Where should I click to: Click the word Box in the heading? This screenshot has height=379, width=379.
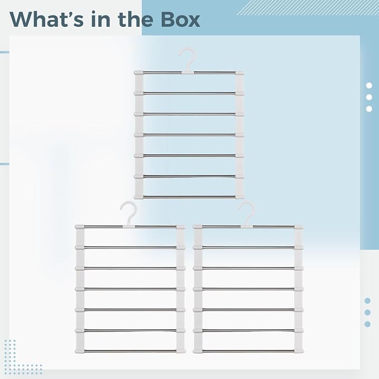(x=180, y=19)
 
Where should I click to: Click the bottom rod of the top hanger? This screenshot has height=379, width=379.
(x=189, y=197)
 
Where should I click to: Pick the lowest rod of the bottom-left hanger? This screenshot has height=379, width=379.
(x=130, y=351)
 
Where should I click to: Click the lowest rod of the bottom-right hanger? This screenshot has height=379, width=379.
(x=248, y=351)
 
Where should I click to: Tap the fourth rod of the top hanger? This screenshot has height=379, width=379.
(x=189, y=135)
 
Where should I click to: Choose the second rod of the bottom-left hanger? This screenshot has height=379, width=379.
(x=130, y=247)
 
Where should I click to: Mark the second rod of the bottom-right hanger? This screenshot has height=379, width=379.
(x=248, y=247)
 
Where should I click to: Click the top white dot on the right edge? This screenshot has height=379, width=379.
(x=369, y=85)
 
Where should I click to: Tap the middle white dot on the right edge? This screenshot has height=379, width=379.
(x=369, y=97)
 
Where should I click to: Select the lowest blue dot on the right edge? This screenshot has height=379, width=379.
(x=367, y=324)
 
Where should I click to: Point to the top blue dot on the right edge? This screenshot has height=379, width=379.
(x=367, y=301)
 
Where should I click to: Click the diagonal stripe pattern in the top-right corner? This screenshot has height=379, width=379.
(x=308, y=7)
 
